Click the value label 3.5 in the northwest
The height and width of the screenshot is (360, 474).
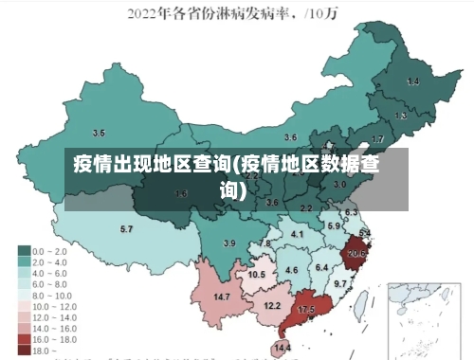[98, 133]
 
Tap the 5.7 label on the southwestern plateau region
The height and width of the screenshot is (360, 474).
[126, 229]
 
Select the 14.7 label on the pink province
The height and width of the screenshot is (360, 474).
[222, 297]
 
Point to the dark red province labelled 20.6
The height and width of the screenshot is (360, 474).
[357, 253]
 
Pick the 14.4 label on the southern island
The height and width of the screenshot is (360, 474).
[283, 349]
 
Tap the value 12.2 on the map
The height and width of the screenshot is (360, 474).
[272, 305]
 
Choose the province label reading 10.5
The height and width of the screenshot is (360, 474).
[256, 275]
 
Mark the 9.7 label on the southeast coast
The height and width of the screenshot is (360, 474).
[340, 283]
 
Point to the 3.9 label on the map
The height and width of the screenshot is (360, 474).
[228, 244]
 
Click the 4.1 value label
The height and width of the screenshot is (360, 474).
[298, 234]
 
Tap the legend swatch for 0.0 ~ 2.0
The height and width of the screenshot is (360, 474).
[24, 251]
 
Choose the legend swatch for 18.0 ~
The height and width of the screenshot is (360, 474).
[24, 351]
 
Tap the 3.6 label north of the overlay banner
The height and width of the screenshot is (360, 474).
[291, 137]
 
